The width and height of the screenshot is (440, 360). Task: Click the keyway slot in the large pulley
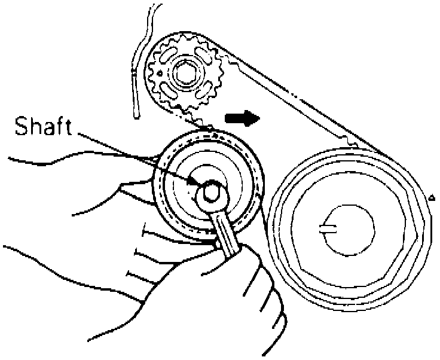coord(328,227)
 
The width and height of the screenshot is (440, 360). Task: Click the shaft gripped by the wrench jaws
coord(211,192)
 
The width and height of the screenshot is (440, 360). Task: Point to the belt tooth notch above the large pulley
coord(353,144)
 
